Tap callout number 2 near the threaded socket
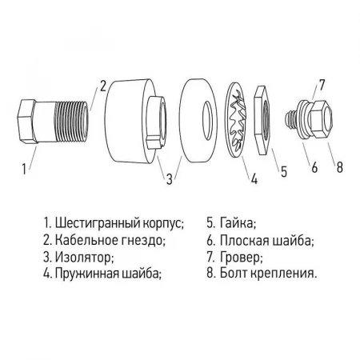(x=102, y=86)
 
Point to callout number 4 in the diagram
(x=254, y=178)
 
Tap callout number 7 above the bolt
(x=322, y=84)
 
